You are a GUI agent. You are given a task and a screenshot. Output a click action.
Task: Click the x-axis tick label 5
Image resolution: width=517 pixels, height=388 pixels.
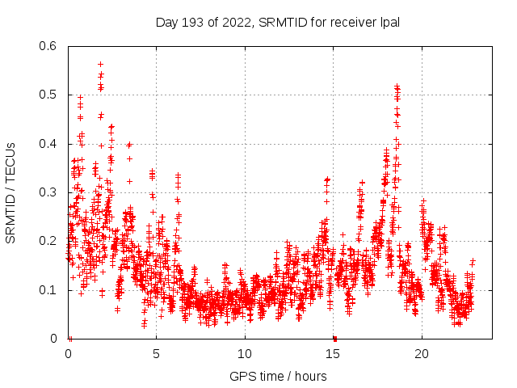156,353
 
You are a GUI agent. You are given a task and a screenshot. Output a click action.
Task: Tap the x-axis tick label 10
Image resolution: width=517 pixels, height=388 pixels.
245,353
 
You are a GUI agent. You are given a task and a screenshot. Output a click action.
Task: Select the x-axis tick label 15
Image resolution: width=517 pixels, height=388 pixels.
333,353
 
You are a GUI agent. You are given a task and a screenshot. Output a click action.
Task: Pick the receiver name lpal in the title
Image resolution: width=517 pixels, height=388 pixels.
388,22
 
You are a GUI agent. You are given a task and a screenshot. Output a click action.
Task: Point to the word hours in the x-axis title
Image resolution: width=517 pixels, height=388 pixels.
311,376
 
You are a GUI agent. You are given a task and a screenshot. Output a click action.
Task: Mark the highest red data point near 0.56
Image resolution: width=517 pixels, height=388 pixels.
100,64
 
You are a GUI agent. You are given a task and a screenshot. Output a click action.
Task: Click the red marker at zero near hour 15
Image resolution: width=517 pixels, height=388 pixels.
334,338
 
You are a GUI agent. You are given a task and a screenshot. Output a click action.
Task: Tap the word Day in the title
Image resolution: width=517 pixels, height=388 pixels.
167,22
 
